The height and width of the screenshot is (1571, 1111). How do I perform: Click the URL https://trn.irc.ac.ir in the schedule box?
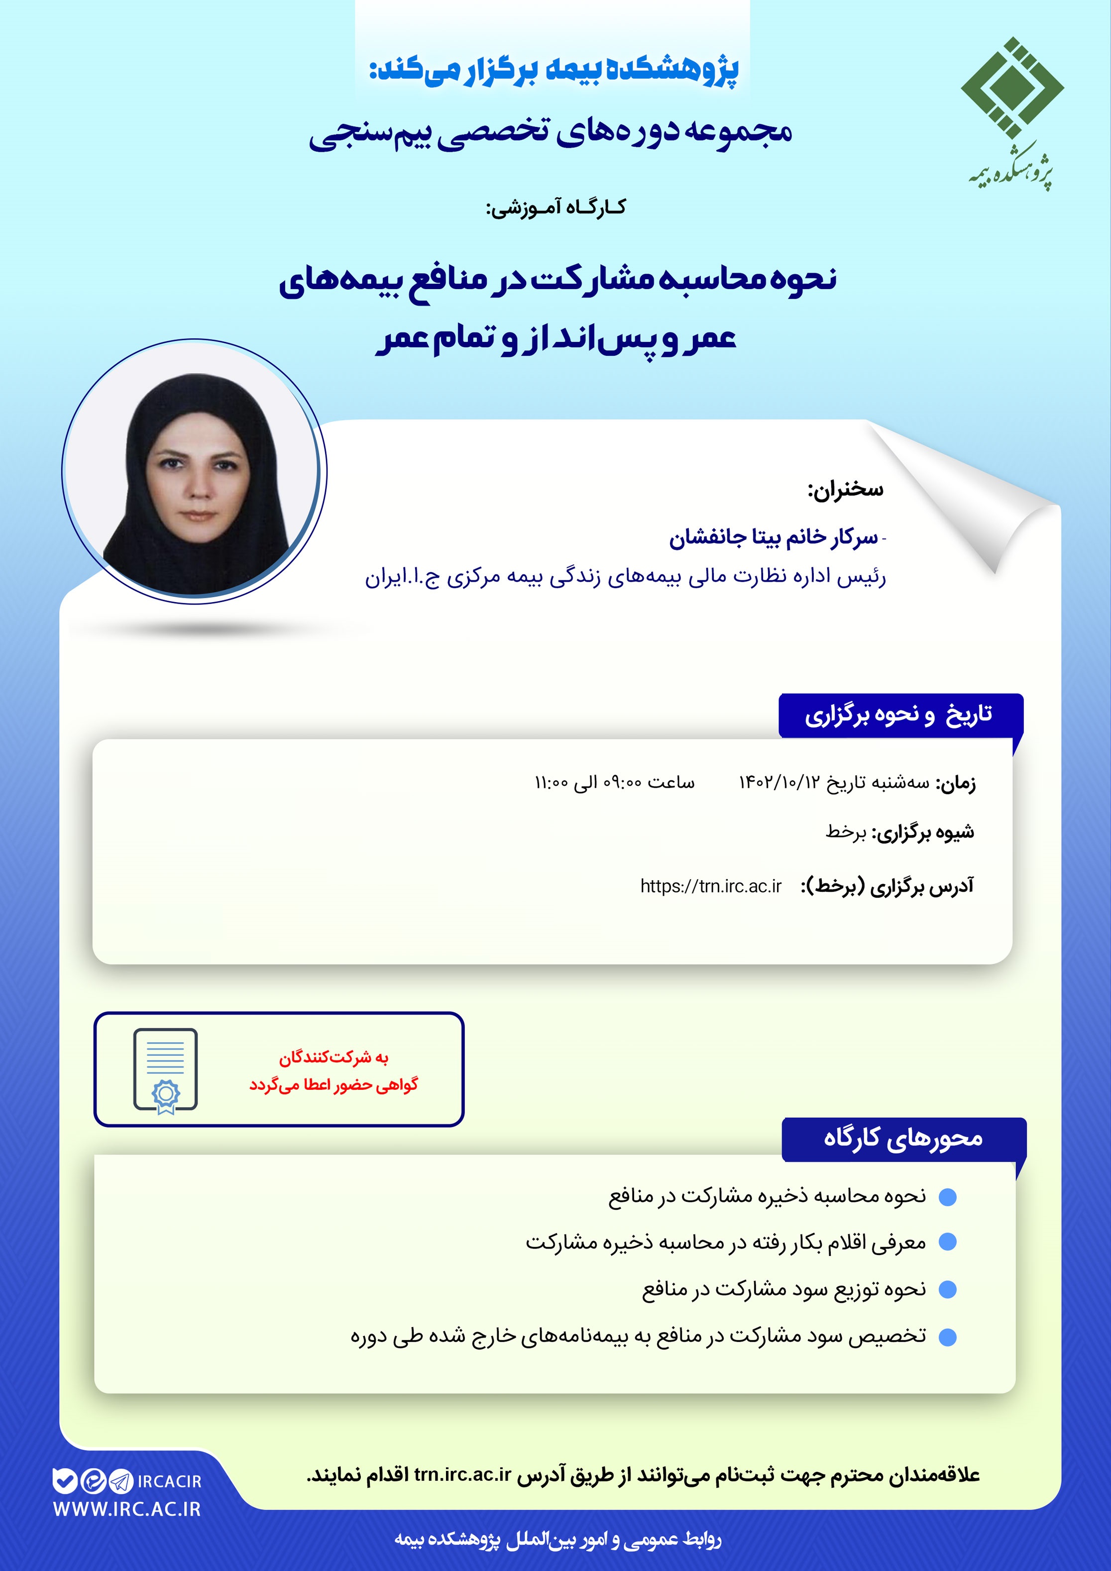710,886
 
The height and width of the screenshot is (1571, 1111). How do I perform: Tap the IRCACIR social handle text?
170,1481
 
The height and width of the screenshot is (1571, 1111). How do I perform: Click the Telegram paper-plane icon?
120,1481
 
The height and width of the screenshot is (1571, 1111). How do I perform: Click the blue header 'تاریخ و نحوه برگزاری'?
899,715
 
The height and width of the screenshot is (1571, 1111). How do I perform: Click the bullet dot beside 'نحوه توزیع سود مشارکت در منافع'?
947,1290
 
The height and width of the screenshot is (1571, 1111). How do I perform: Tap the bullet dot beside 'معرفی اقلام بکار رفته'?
947,1242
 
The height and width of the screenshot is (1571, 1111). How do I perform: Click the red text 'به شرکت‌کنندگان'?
333,1058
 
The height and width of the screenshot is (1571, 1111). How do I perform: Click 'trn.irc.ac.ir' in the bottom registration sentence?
463,1474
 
